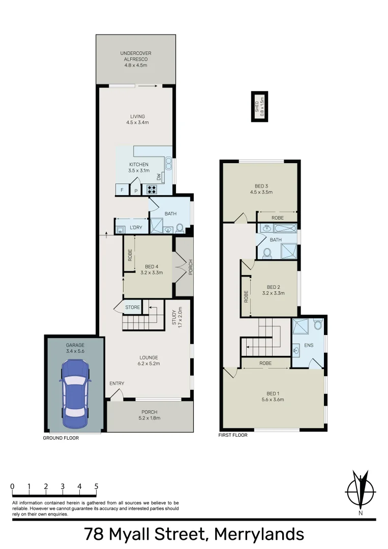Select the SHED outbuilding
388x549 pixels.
coord(260,107)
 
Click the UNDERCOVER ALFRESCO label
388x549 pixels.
coord(136,59)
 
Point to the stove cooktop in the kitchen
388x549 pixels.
coord(152,190)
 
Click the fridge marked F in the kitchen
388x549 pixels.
coord(122,190)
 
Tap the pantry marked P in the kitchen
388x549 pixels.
coord(136,191)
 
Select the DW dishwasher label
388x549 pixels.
coord(159,177)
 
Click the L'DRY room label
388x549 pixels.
coord(135,227)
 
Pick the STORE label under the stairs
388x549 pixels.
coord(132,307)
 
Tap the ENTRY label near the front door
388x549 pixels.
coord(116,383)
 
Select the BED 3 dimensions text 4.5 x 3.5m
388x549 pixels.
coord(261,192)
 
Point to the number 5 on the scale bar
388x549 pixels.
coord(96,486)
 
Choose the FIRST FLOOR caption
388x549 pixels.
coord(233,435)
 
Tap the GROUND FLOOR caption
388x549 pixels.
coord(61,437)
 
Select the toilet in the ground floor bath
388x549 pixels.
coord(180,228)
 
